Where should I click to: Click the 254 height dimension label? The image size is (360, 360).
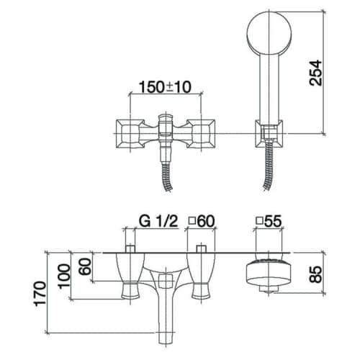pos(316,73)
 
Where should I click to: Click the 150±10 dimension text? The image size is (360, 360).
pos(166,87)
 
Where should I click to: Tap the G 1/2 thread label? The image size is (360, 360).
pos(158,221)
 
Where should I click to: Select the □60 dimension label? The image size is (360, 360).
pos(201,221)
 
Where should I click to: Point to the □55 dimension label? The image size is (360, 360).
pos(269,221)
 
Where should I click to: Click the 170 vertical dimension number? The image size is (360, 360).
pos(40,294)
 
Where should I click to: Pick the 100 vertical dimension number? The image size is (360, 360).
pos(63,276)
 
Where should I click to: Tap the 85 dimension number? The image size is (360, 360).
pos(316,274)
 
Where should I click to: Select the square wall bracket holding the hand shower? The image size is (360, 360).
pos(269,133)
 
